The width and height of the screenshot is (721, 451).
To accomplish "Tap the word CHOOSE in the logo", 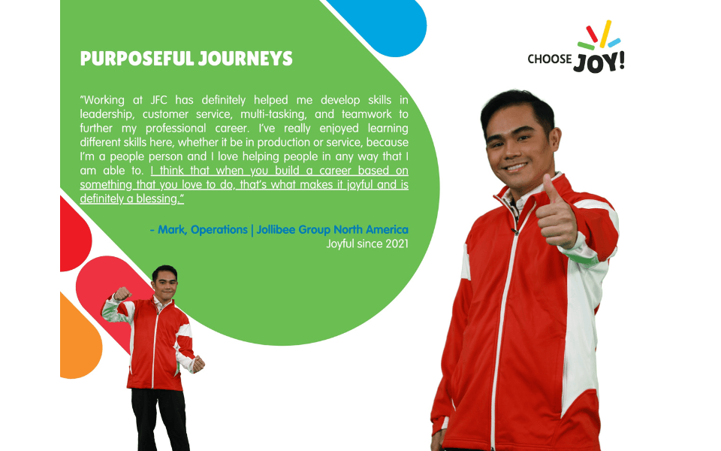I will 549,59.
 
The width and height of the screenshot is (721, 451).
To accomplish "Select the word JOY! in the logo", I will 599,62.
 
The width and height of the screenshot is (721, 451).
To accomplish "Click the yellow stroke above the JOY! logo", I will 604,31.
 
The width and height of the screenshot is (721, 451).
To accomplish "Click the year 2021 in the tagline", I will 394,244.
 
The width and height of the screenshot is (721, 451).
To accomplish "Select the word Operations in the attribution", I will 219,229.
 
